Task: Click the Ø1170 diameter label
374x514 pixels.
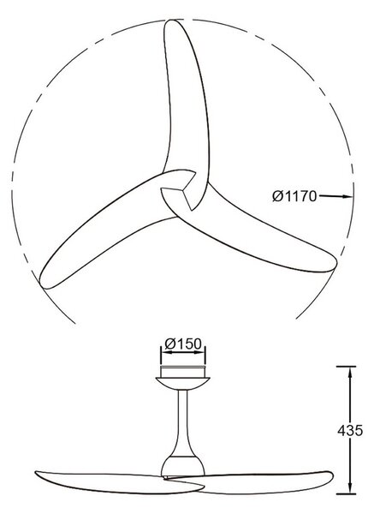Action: (294, 196)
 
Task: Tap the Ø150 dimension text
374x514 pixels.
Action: (183, 344)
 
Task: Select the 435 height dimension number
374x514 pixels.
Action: (350, 430)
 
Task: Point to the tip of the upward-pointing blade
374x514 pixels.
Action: (171, 21)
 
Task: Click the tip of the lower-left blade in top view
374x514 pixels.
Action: (40, 283)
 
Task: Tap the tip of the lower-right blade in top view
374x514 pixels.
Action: (335, 263)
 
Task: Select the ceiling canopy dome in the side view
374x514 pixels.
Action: (183, 383)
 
